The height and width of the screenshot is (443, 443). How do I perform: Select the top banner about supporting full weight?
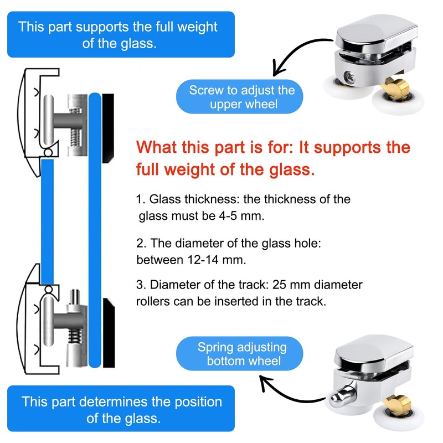click(120, 34)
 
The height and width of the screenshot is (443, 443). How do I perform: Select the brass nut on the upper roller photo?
click(397, 87)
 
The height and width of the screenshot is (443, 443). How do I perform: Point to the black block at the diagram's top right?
click(109, 127)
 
